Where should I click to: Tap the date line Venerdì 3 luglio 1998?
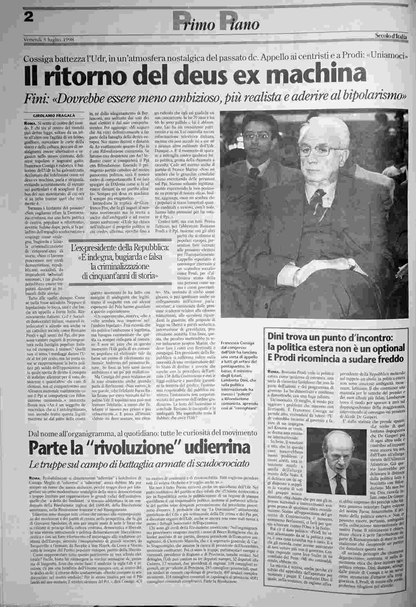(x=49, y=39)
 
